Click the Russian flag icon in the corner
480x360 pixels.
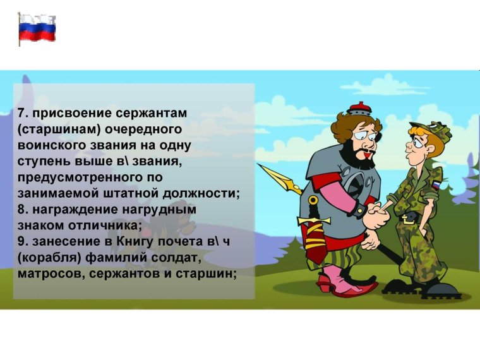[37, 28]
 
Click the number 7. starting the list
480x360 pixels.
[23, 114]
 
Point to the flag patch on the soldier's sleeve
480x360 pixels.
[435, 186]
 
